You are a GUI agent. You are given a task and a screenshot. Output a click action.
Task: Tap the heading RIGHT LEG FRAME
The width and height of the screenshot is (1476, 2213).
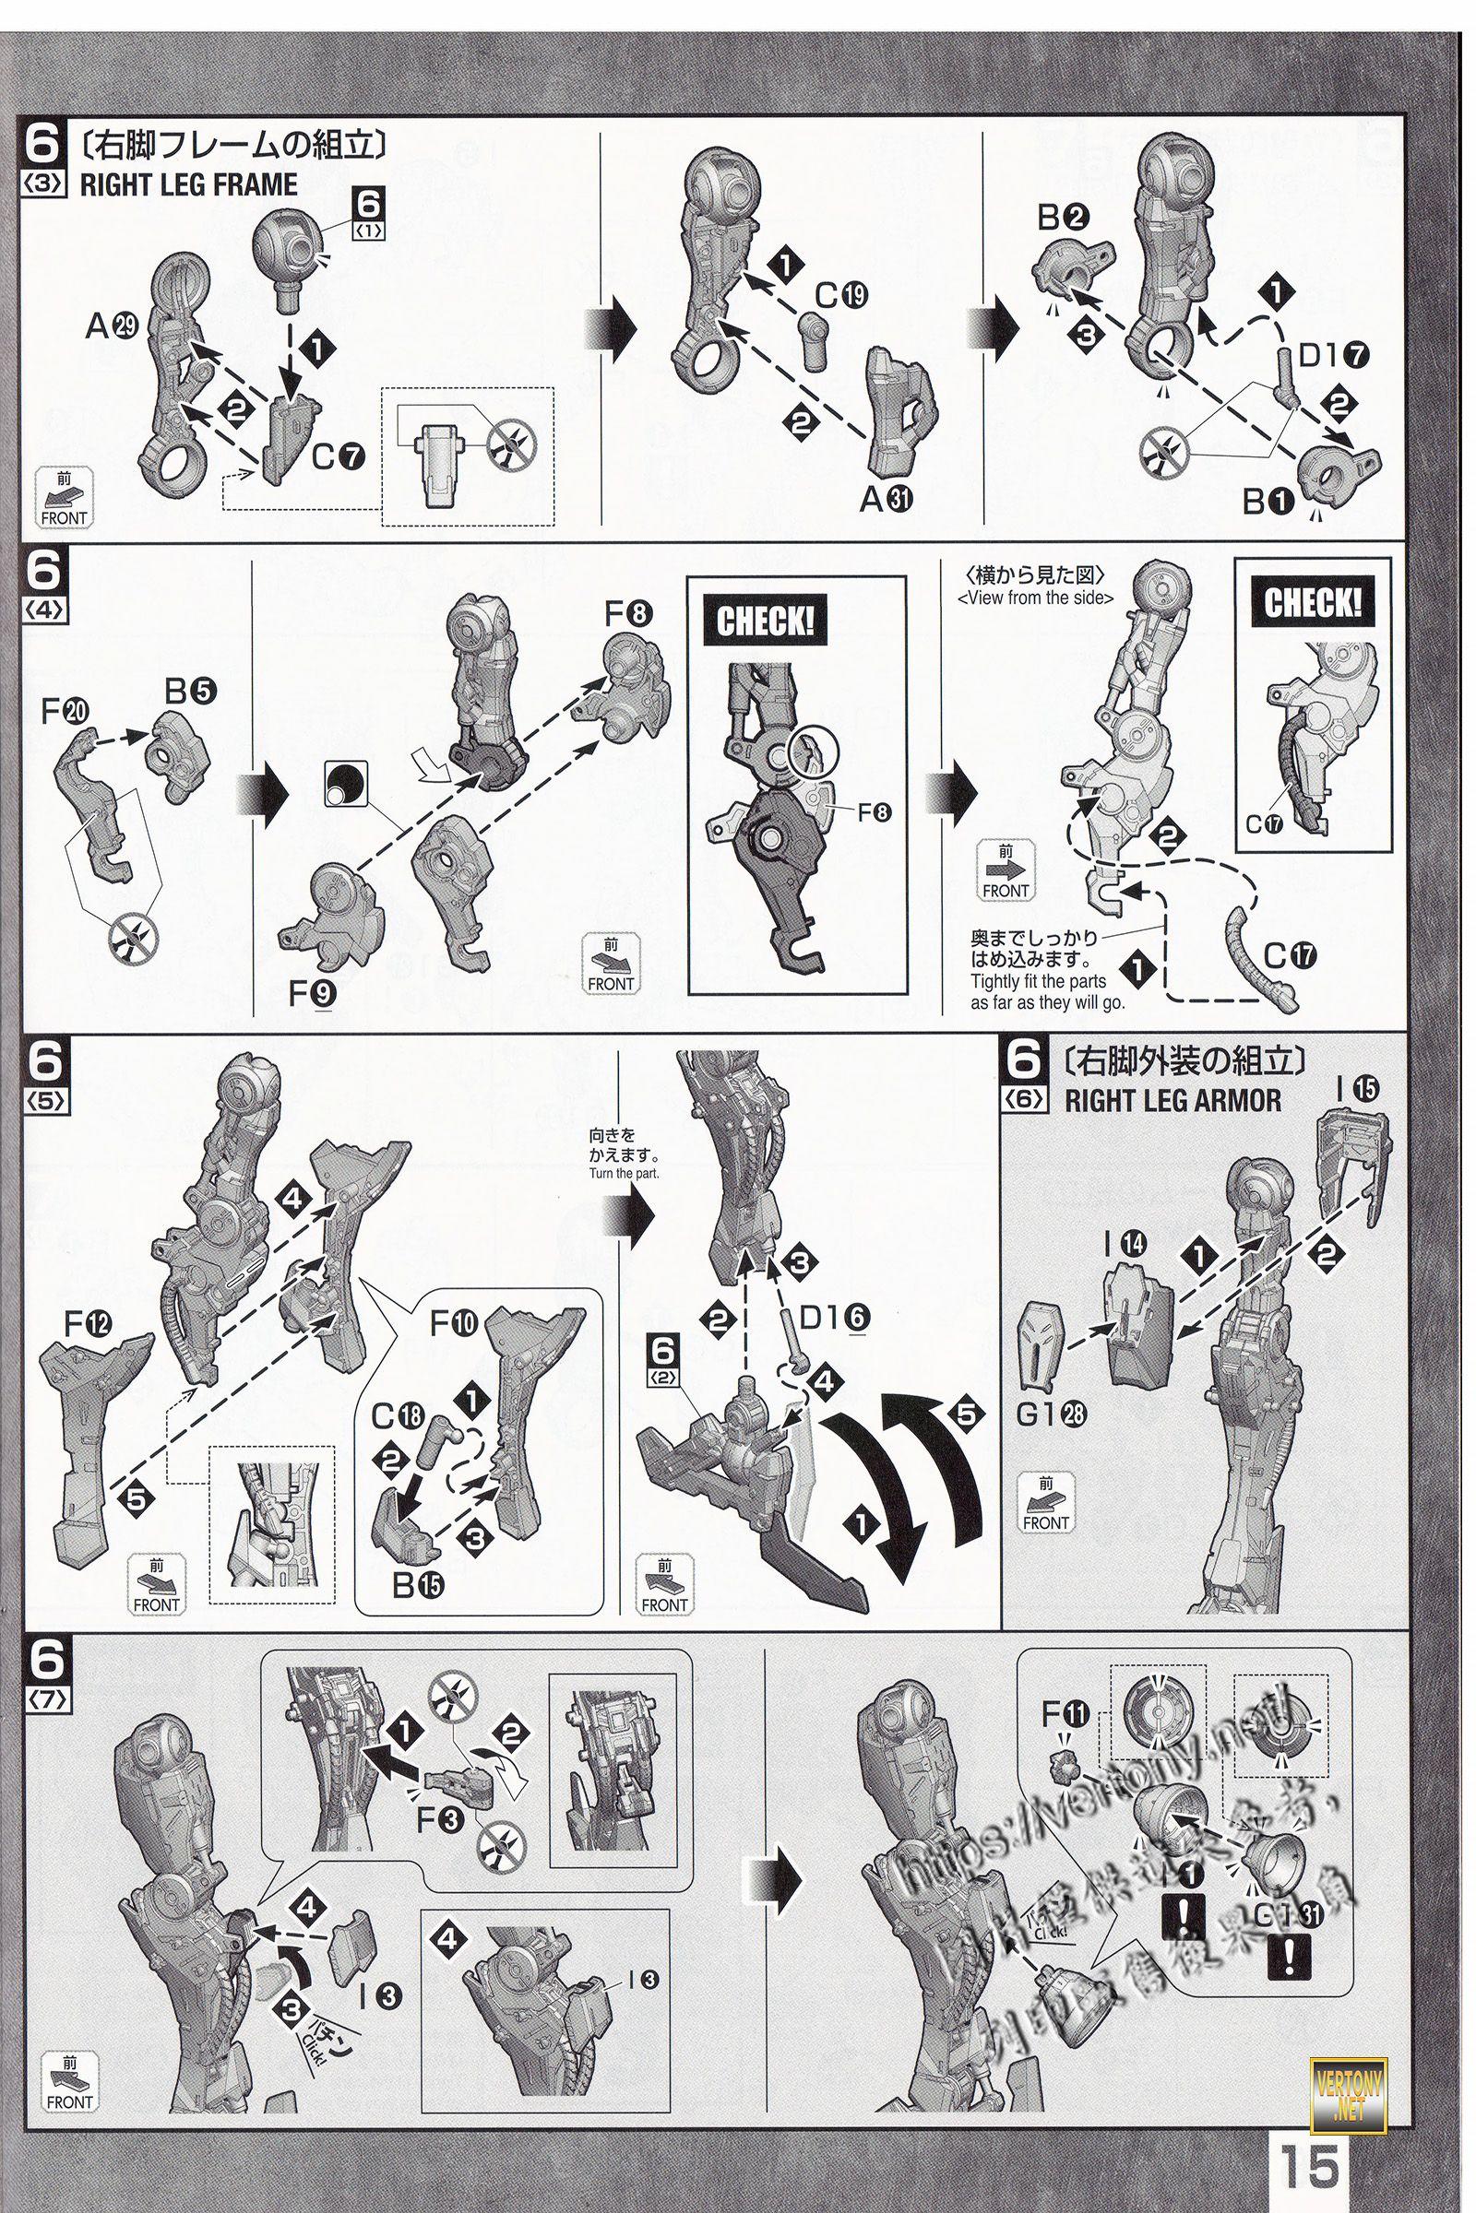[x=188, y=184]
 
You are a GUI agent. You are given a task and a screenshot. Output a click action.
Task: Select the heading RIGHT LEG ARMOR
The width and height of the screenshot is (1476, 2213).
[x=1172, y=1100]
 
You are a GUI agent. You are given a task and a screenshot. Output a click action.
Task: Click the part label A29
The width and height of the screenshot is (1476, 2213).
[x=112, y=325]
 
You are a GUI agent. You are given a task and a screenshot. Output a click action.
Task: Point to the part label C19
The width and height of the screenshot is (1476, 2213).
[x=840, y=295]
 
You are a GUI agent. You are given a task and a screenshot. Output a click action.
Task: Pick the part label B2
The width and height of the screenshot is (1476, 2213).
[x=1062, y=219]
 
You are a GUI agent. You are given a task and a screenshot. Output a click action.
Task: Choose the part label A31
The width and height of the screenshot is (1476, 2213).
[x=886, y=499]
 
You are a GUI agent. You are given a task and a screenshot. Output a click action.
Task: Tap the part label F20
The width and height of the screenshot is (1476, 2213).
[x=65, y=711]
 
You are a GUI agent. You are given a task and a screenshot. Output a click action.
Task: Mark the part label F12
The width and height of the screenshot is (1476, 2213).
[x=88, y=1325]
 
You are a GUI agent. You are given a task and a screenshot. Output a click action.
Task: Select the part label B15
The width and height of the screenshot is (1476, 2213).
[x=418, y=1585]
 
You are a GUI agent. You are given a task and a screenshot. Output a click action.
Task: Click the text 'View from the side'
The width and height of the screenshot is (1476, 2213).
[x=1034, y=598]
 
